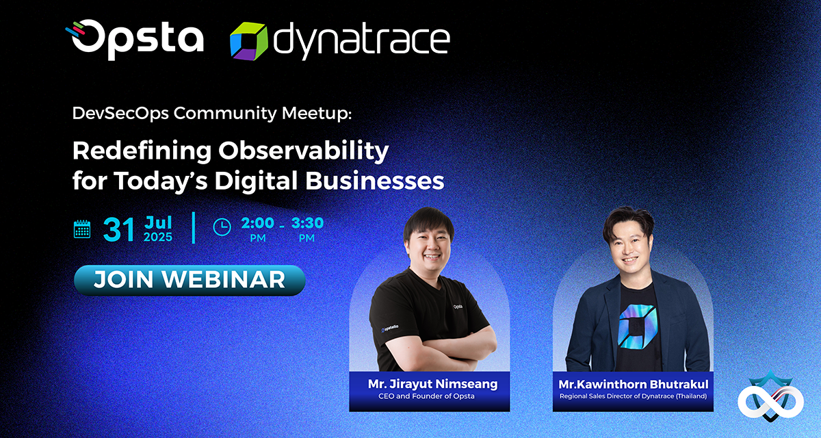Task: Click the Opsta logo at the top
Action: [x=135, y=40]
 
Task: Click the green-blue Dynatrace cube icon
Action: [x=248, y=41]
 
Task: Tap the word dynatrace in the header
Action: [x=362, y=40]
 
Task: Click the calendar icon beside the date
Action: [x=82, y=229]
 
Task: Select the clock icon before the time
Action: [x=222, y=227]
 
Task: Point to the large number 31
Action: [x=118, y=230]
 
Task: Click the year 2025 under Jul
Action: [x=158, y=237]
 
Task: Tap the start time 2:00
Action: [x=258, y=223]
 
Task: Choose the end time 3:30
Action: [x=307, y=223]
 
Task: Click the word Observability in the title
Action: [x=304, y=151]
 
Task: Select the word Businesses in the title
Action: [x=375, y=181]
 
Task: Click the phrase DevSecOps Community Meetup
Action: [x=212, y=113]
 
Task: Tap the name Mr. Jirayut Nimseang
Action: [x=432, y=384]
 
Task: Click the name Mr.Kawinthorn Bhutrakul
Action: [x=633, y=384]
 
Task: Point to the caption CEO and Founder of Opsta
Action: [x=426, y=396]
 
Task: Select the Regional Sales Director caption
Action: [x=633, y=396]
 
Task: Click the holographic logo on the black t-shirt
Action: [x=637, y=326]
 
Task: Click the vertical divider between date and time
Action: [x=194, y=228]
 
